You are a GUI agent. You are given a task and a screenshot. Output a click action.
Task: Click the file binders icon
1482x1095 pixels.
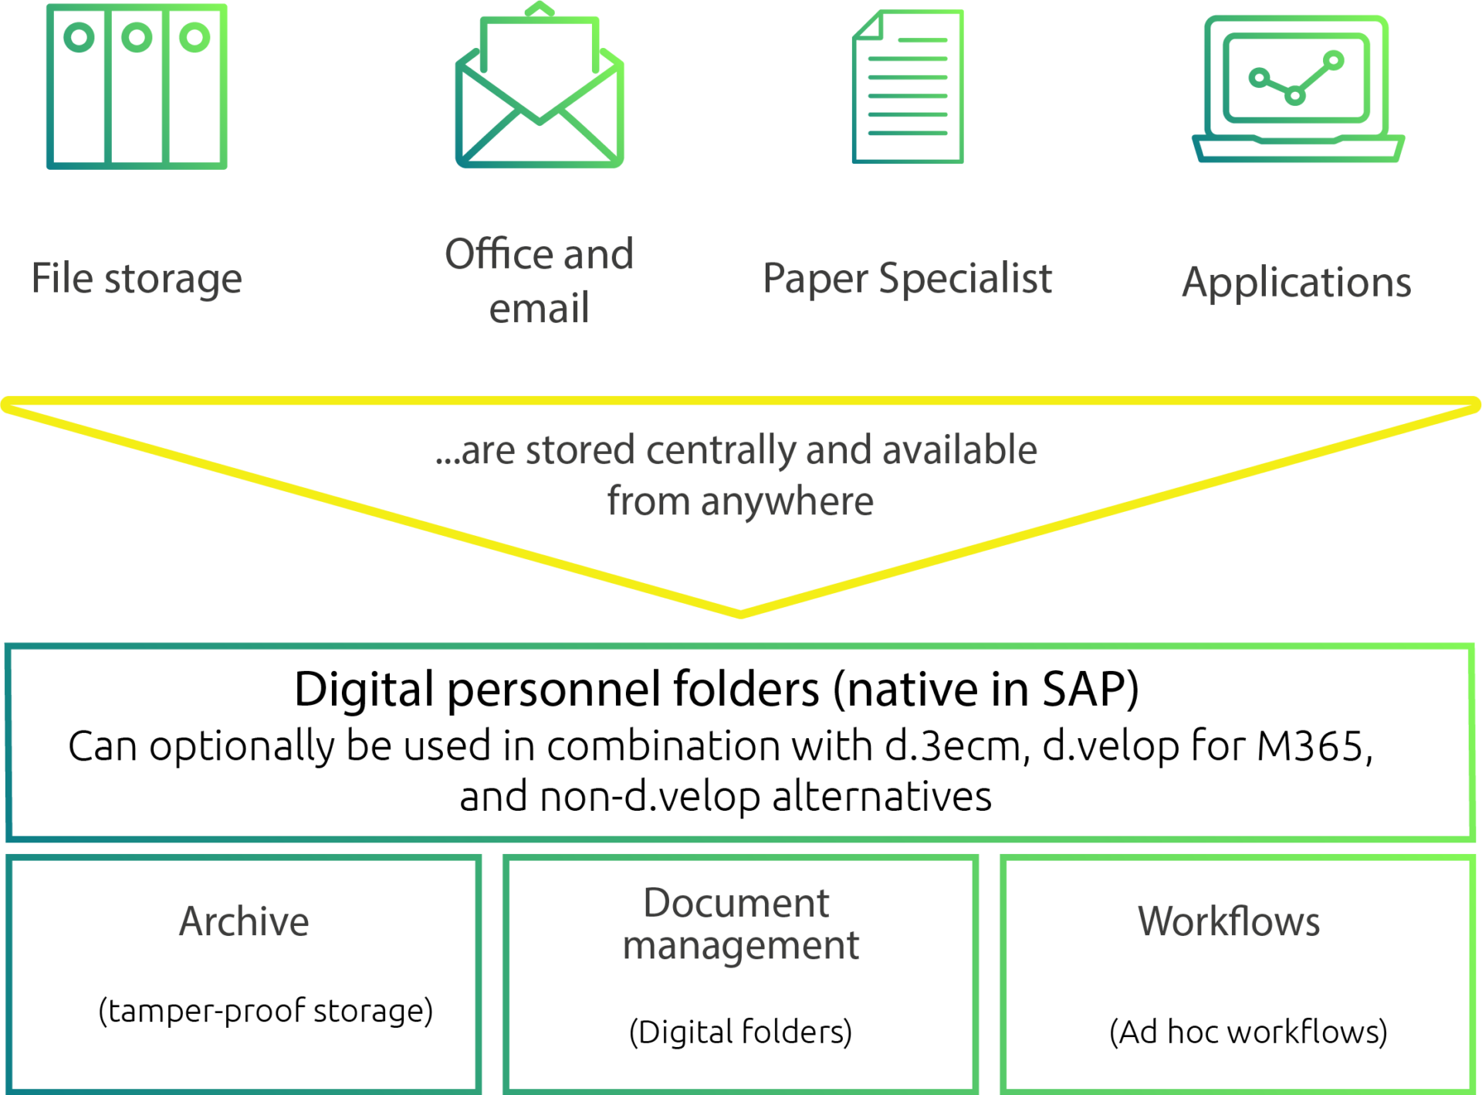click(137, 86)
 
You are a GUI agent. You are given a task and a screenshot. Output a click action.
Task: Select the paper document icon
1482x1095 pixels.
click(908, 86)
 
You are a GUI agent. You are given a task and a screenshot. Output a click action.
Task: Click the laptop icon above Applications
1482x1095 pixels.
click(1298, 90)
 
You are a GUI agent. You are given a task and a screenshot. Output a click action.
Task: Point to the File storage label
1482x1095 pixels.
click(137, 278)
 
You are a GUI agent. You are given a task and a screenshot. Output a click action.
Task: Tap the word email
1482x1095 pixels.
click(540, 309)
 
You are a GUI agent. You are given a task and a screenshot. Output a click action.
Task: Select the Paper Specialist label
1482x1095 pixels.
click(907, 278)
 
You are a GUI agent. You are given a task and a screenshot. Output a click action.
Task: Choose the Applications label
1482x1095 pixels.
click(1297, 283)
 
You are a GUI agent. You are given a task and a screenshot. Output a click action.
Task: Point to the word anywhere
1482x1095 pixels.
click(787, 502)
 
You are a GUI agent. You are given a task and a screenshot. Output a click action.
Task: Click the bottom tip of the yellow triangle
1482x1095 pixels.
click(741, 613)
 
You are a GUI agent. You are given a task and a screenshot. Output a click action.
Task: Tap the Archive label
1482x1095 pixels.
click(244, 921)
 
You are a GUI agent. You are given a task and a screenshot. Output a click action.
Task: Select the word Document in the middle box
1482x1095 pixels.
click(736, 903)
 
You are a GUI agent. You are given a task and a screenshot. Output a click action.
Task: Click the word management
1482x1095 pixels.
click(741, 946)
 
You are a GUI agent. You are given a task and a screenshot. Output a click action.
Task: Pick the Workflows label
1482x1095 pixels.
click(1229, 921)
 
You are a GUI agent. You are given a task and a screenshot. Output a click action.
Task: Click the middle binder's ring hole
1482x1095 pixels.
click(137, 37)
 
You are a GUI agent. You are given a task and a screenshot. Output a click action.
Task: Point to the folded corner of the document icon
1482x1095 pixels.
click(867, 24)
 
